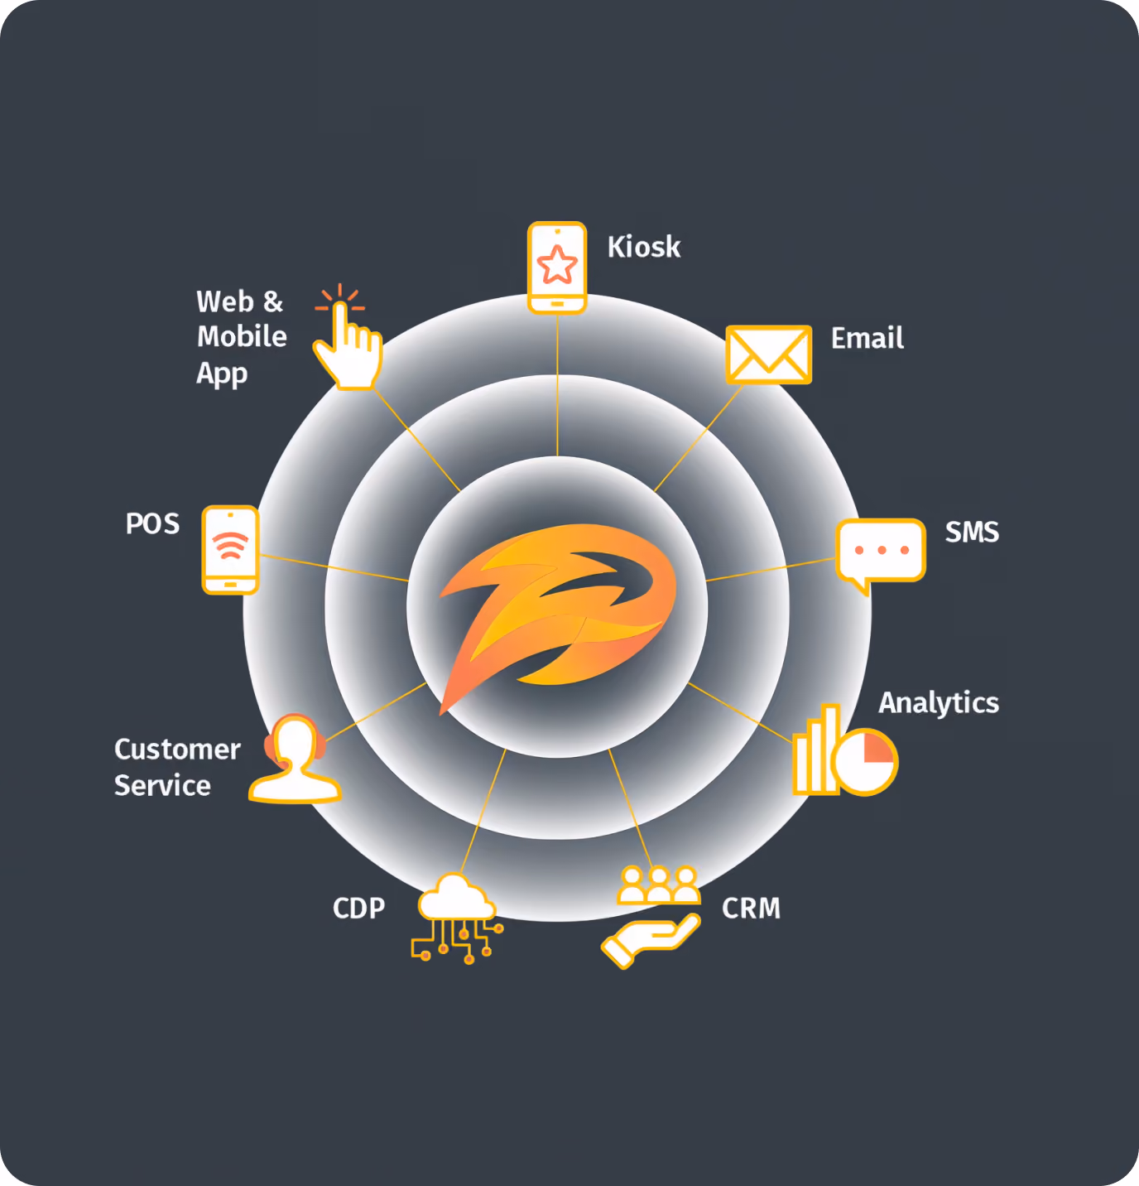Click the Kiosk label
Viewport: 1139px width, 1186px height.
[x=644, y=247]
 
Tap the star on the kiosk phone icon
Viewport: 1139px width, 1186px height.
[x=557, y=264]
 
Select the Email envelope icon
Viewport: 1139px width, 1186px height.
[x=769, y=354]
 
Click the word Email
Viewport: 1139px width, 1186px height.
[x=867, y=338]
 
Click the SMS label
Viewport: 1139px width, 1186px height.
[x=972, y=532]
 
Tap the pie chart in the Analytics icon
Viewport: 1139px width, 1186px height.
[x=865, y=762]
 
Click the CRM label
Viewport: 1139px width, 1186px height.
[x=751, y=908]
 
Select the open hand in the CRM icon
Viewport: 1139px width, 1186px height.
[x=649, y=940]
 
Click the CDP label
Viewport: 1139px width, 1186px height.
[x=358, y=908]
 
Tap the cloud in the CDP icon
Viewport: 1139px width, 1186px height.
[x=456, y=897]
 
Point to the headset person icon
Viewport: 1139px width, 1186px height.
[x=295, y=759]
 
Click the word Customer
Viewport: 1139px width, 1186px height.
[x=177, y=750]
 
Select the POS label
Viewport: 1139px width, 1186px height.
[x=152, y=523]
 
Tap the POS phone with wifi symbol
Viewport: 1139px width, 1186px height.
[x=231, y=550]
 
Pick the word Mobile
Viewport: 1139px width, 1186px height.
[x=242, y=336]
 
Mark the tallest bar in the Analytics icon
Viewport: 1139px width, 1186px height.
[x=832, y=749]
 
